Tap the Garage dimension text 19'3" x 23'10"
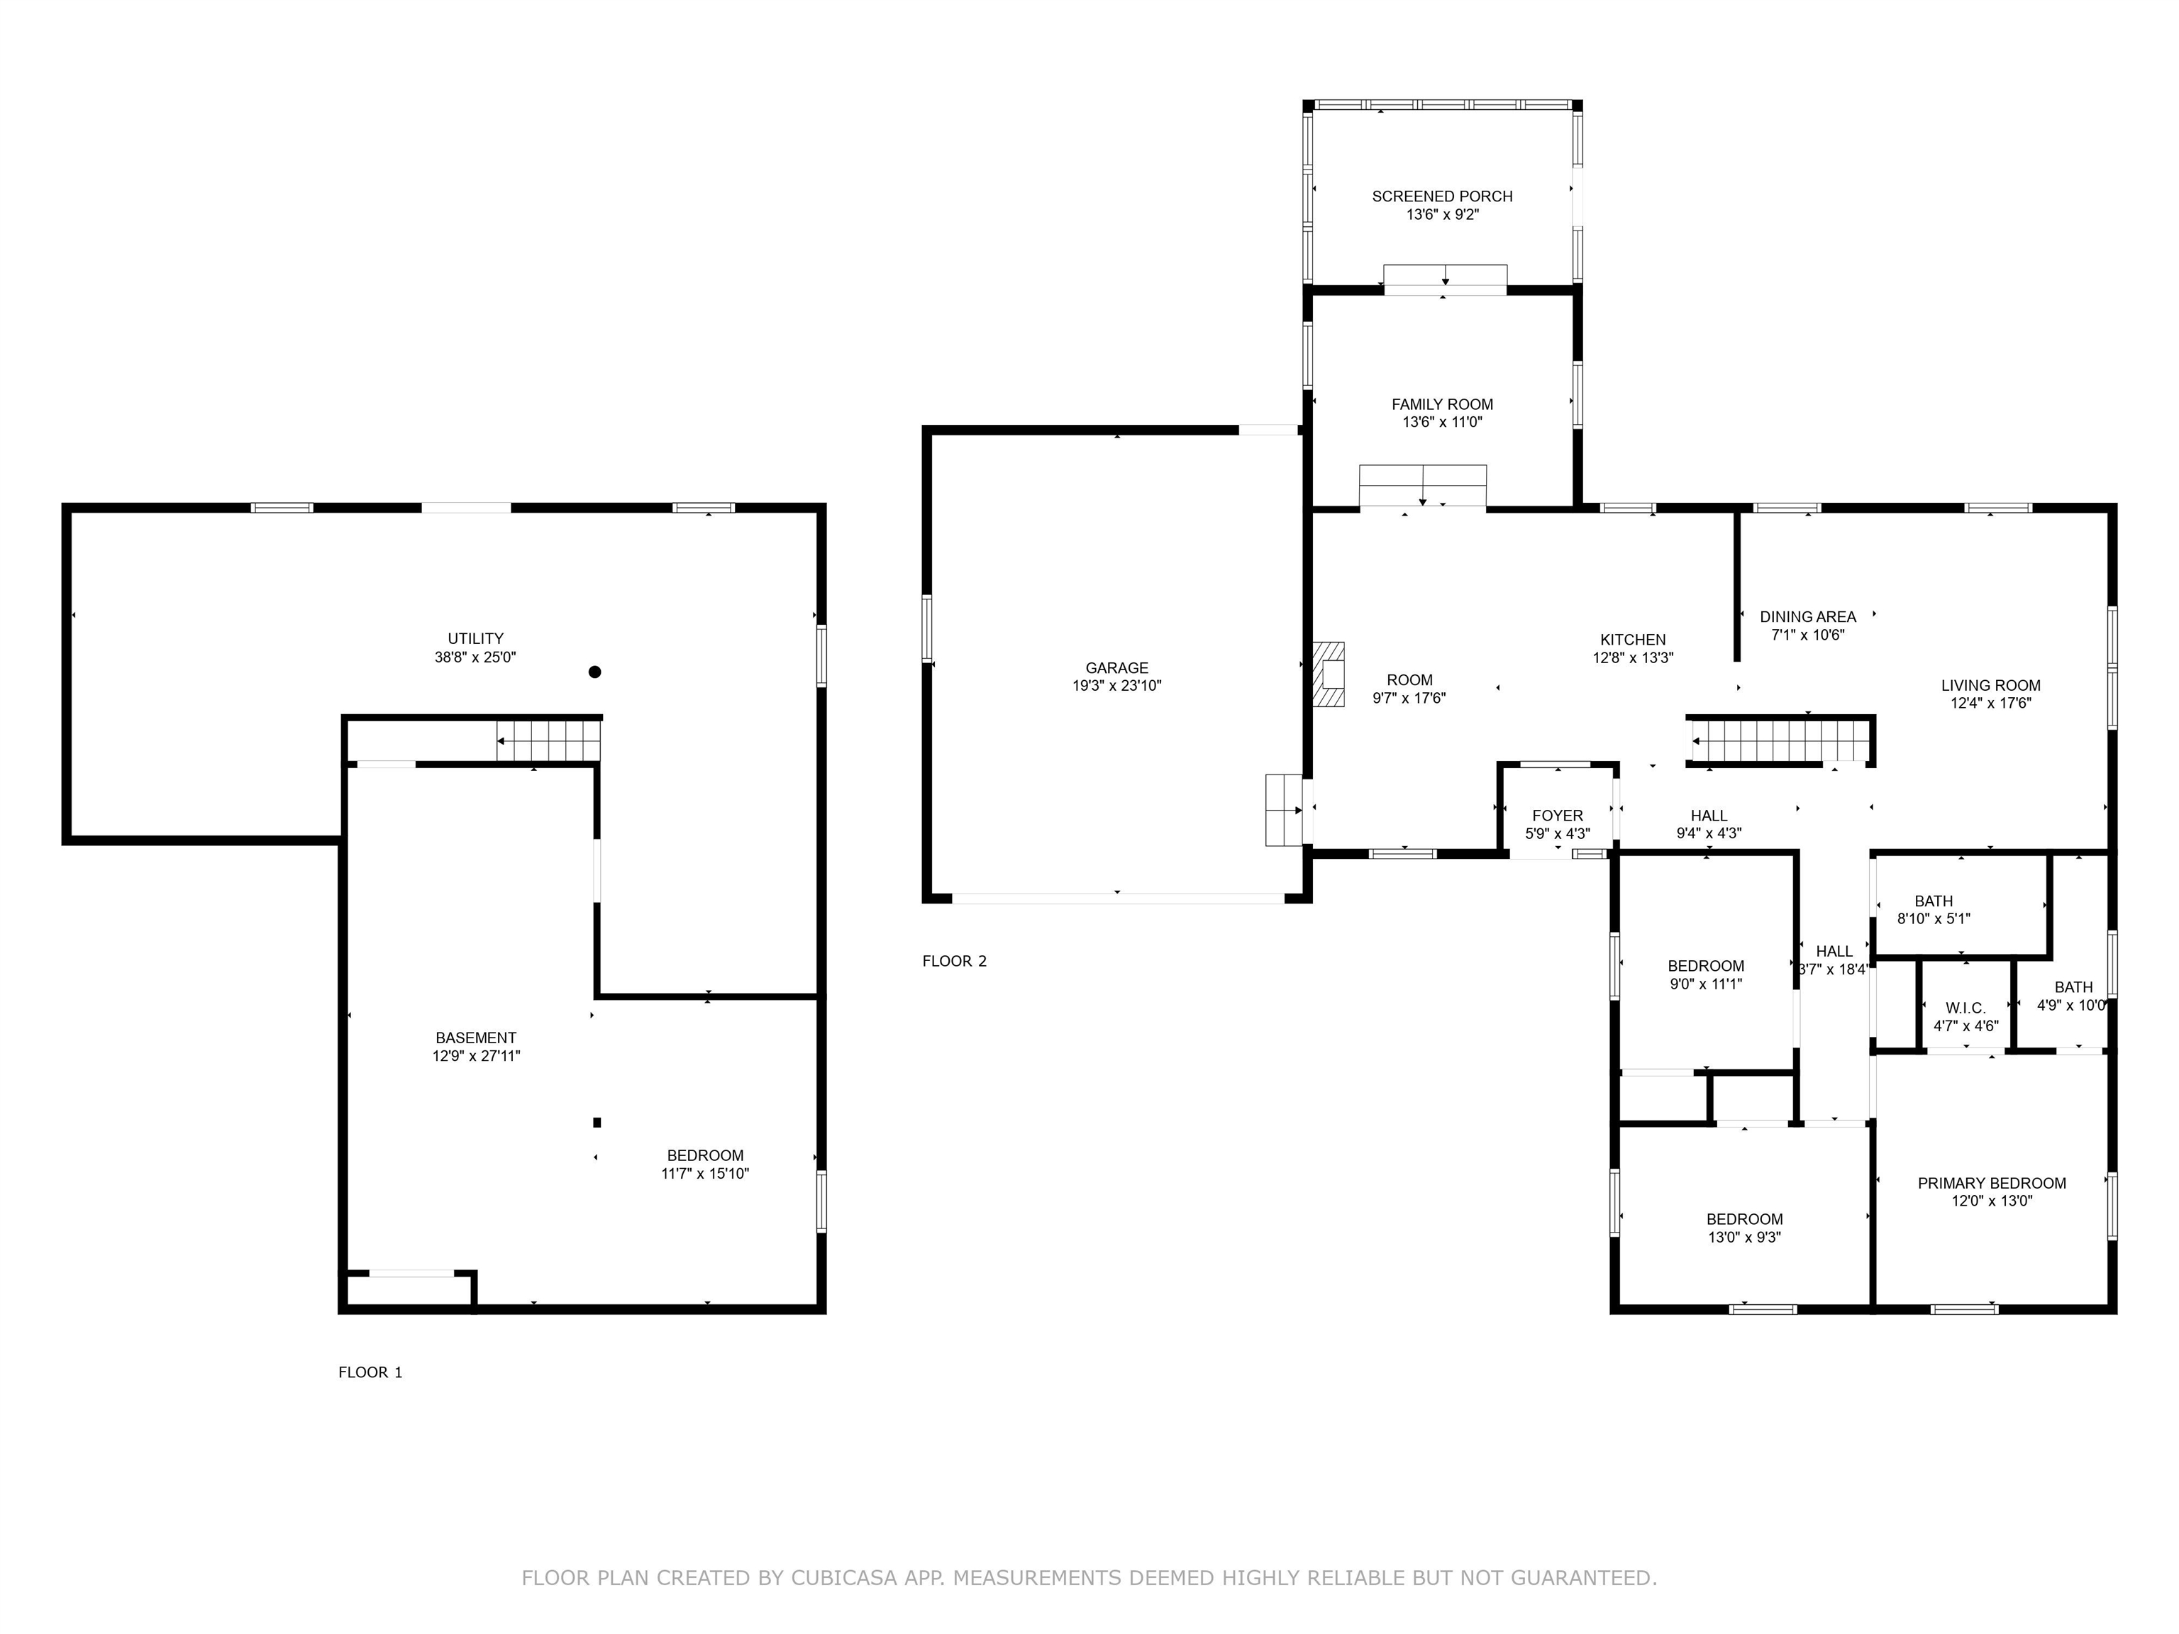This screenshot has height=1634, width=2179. pos(1117,686)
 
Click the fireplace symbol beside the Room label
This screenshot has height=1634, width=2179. pos(1328,674)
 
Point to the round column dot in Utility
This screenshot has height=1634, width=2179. pos(595,672)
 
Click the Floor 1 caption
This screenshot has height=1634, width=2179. pos(370,1372)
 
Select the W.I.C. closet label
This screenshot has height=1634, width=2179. pos(1965,1008)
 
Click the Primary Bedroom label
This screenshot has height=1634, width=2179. pos(1992,1183)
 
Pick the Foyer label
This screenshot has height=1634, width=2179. pos(1558,816)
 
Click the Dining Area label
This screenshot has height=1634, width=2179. pos(1807,616)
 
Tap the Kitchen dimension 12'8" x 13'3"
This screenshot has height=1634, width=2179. pos(1634,658)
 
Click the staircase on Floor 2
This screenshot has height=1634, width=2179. pos(1781,740)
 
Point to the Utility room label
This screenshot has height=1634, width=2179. pos(476,638)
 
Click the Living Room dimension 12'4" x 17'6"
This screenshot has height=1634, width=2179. pos(1991,704)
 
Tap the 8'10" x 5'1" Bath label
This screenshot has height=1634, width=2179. pos(1934,910)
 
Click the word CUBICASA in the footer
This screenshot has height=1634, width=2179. pos(844,1578)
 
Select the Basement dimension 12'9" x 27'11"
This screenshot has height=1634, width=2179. pos(476,1056)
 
